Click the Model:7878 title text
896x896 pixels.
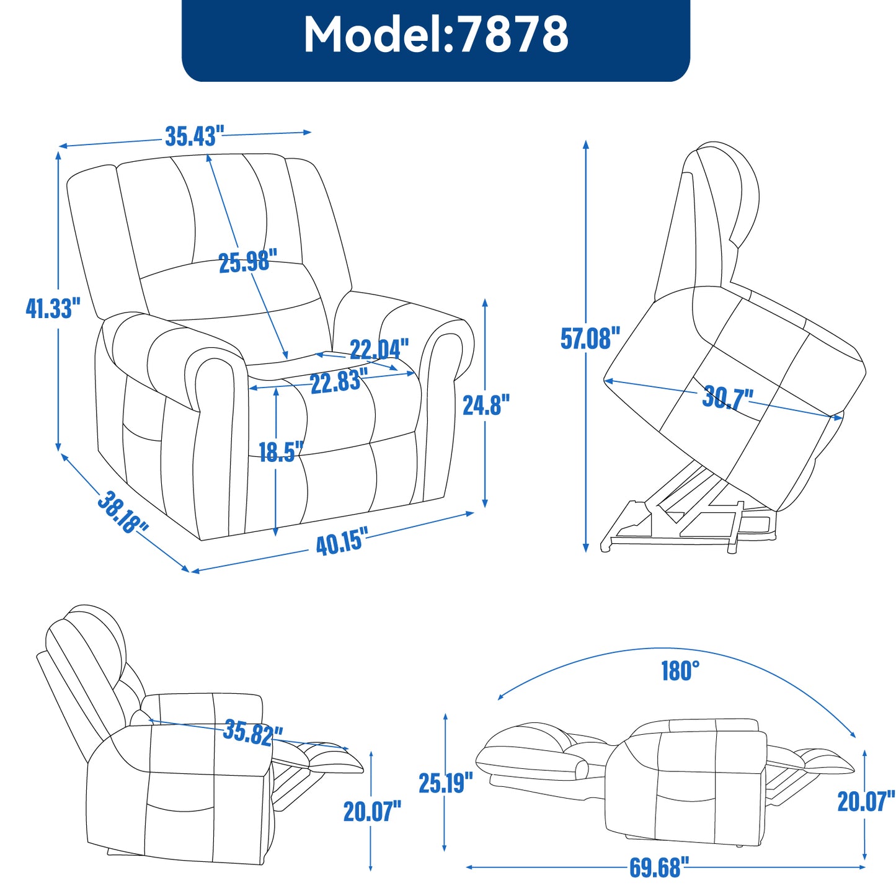435,35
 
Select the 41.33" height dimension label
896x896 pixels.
53,308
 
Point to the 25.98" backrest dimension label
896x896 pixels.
247,262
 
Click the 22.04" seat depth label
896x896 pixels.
379,349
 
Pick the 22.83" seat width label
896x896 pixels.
339,381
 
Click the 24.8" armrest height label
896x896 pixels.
486,405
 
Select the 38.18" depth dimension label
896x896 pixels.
123,512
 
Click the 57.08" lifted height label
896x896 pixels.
590,339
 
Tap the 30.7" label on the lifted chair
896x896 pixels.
727,397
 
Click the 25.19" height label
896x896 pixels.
445,783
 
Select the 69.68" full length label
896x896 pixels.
659,867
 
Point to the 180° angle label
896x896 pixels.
680,671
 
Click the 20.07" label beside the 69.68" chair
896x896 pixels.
866,801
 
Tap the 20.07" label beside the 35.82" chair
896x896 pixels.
372,811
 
